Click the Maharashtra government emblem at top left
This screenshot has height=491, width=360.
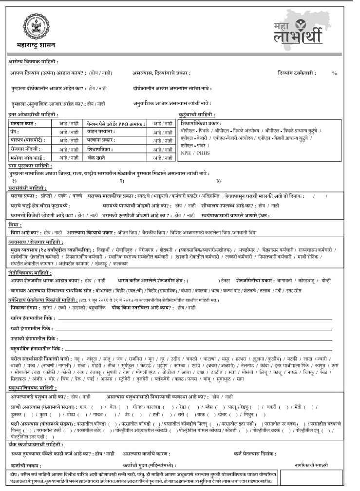[30, 25]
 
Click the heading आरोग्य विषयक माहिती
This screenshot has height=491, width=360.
[33, 62]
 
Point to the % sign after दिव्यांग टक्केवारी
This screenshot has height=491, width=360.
[334, 73]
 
